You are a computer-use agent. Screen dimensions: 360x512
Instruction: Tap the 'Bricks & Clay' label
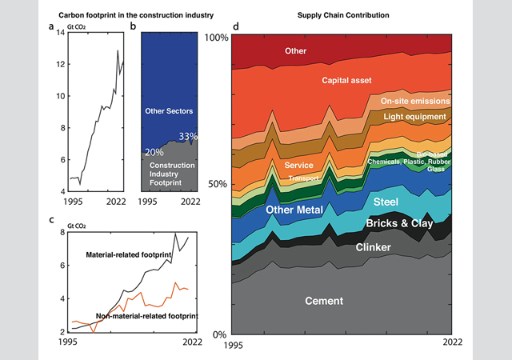pos(400,223)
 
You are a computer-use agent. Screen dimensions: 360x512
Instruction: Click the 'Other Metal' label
pos(294,210)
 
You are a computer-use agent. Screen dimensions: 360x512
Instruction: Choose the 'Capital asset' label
pos(351,81)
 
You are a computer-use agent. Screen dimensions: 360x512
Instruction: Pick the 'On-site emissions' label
pos(415,102)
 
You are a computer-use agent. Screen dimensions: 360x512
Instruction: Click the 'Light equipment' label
pos(415,118)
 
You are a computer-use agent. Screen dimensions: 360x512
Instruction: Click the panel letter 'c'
pos(51,219)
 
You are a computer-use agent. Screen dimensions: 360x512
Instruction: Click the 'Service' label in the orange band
pos(298,166)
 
